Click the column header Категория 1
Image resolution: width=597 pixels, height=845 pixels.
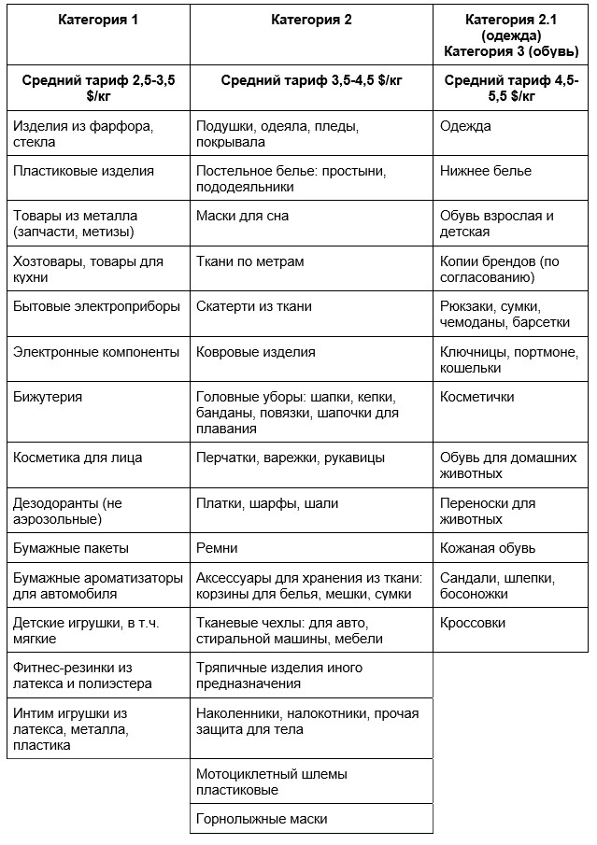(x=97, y=20)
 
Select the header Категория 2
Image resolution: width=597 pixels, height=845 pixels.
(x=311, y=20)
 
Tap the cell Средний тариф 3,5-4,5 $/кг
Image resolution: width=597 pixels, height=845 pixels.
(x=311, y=81)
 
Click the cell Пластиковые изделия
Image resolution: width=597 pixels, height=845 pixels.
(x=84, y=172)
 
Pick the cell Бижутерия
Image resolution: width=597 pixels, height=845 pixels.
(x=49, y=397)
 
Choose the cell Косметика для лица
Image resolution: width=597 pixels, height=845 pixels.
(x=83, y=458)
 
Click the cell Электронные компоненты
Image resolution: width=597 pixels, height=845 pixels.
(x=96, y=352)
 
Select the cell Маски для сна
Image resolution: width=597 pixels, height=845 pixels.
(x=242, y=216)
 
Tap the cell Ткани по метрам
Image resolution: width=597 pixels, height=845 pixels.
(x=249, y=261)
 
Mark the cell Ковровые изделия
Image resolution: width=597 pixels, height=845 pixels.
(x=256, y=352)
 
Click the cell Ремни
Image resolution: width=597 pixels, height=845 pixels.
(x=217, y=548)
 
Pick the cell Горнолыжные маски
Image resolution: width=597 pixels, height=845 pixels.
(x=262, y=819)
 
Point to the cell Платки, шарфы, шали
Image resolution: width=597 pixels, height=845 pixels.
(x=267, y=503)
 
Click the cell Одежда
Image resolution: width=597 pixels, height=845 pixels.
(x=465, y=126)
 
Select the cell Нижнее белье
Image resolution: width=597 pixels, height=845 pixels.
(x=486, y=172)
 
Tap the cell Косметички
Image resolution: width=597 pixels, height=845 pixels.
(x=477, y=397)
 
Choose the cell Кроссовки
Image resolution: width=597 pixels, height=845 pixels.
(x=473, y=623)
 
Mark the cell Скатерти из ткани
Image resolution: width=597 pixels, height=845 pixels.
(x=254, y=306)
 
